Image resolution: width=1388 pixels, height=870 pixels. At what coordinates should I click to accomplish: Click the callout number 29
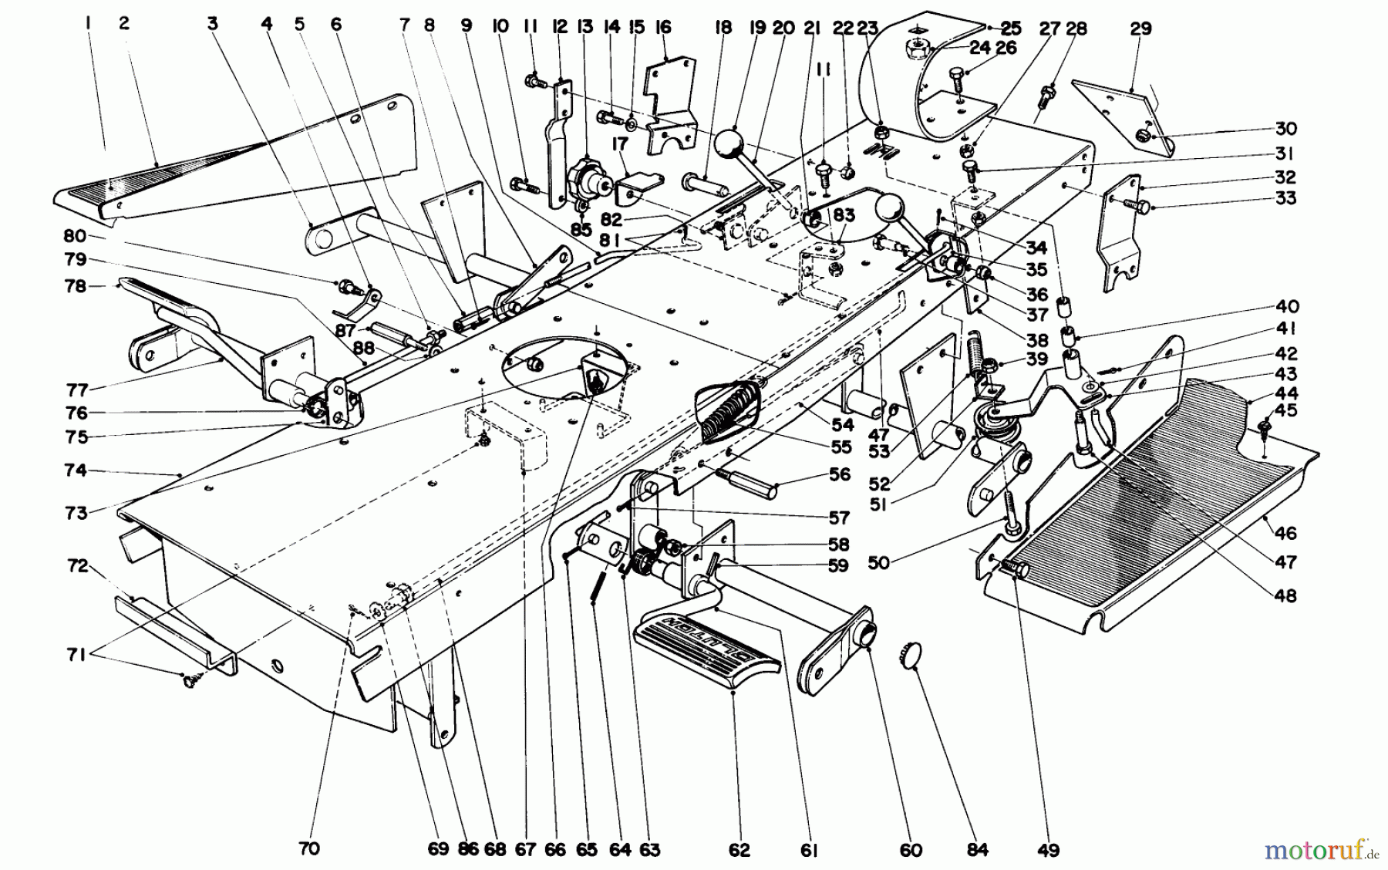[1140, 29]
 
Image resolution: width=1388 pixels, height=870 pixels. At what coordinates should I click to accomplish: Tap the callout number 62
[738, 850]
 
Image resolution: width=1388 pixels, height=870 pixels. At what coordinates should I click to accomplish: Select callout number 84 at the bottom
[977, 850]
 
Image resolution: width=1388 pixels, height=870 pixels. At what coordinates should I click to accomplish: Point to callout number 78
[75, 286]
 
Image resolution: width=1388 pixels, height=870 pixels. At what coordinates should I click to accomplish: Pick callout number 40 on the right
[1308, 306]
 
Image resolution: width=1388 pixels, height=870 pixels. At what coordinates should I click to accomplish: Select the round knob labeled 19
[733, 145]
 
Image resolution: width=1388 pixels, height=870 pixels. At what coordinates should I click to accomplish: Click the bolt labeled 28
[1046, 97]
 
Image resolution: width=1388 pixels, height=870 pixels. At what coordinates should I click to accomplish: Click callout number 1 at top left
[89, 25]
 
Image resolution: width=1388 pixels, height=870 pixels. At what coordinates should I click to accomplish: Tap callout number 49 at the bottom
[1048, 850]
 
